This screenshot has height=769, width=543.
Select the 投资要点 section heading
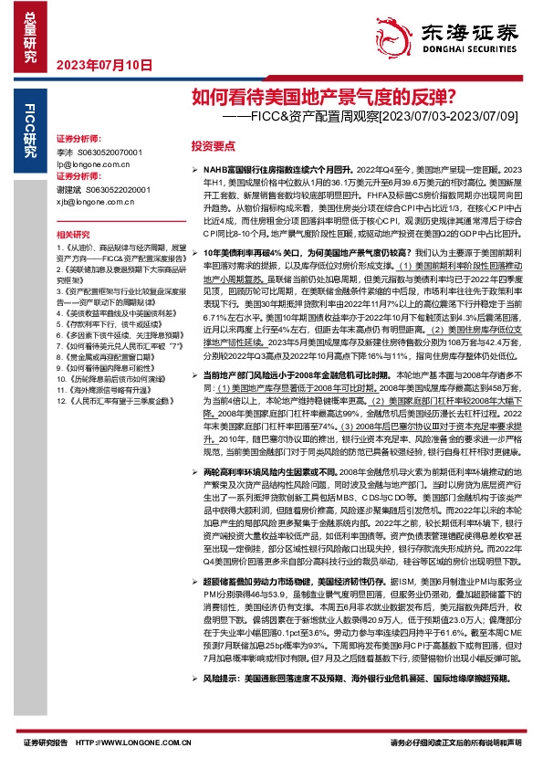tap(213, 145)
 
